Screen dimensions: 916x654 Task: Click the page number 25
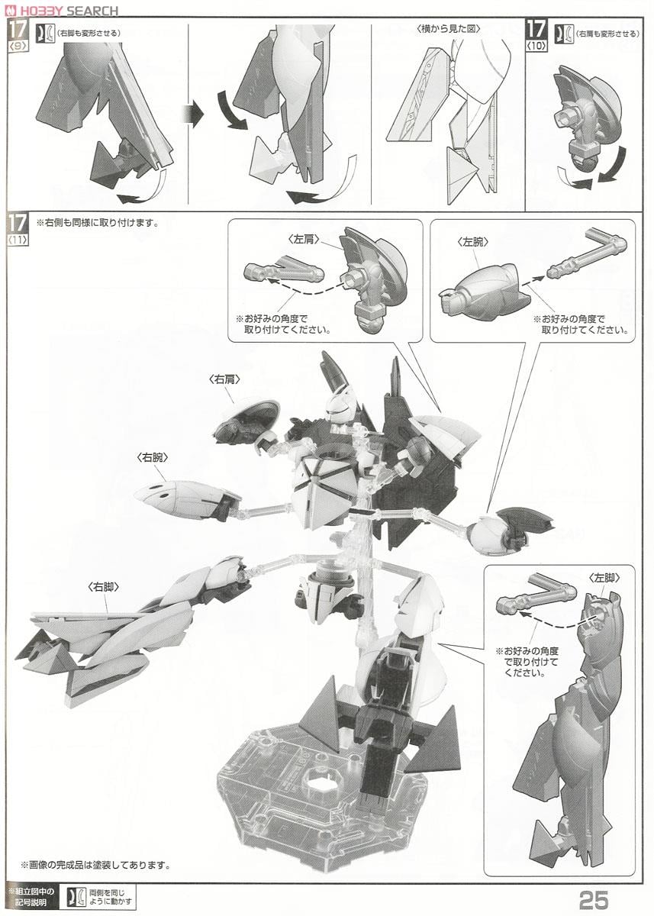click(x=594, y=899)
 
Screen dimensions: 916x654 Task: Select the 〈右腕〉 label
click(x=152, y=457)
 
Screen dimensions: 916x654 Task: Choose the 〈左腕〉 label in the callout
click(x=472, y=242)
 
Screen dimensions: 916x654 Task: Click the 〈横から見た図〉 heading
click(x=448, y=29)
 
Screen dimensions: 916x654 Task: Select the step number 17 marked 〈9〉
click(x=18, y=31)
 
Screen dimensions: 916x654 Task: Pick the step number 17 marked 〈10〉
click(x=536, y=31)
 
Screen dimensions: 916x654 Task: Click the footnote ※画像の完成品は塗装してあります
click(x=96, y=865)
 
